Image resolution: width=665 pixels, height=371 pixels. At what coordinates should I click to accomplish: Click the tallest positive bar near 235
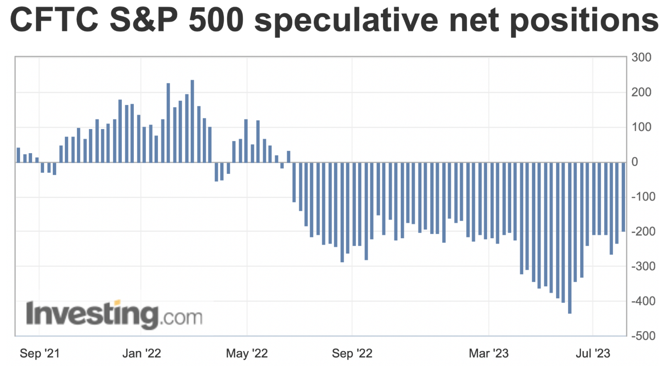tap(192, 121)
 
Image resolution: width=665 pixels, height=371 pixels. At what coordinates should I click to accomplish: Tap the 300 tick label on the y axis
tap(641, 58)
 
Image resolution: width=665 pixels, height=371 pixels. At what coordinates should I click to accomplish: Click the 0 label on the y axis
tap(635, 162)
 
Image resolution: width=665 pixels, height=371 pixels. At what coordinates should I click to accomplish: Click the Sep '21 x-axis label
tap(40, 354)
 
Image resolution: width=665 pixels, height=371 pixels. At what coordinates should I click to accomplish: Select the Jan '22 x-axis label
tap(141, 354)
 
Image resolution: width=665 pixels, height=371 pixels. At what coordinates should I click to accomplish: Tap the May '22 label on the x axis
tap(247, 354)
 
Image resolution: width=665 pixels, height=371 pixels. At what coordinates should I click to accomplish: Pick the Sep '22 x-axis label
tap(352, 354)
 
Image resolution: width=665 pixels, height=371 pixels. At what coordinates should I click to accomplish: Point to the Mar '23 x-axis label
tap(488, 354)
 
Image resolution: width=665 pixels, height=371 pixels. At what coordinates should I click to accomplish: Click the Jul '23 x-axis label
tap(593, 354)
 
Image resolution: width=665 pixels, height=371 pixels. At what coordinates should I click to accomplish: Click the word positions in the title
tap(584, 21)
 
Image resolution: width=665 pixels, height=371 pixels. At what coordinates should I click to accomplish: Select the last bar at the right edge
tap(623, 197)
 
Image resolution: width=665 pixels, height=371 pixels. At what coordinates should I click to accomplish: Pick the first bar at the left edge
tap(18, 155)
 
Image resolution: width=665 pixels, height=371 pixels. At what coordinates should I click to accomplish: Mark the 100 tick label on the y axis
tap(641, 127)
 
